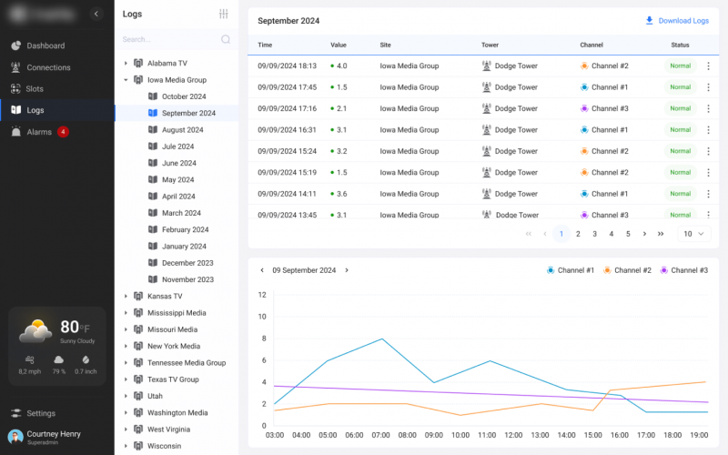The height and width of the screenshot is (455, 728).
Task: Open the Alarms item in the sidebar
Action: click(x=38, y=132)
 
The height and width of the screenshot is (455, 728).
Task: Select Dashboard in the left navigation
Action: click(x=45, y=45)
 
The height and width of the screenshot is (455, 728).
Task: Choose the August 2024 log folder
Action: click(x=182, y=130)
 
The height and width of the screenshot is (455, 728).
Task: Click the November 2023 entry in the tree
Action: click(x=187, y=279)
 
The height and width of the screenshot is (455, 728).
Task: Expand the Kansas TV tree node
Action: click(x=126, y=297)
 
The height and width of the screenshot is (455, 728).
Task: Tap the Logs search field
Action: click(x=169, y=40)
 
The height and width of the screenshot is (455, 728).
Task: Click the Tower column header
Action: click(x=490, y=45)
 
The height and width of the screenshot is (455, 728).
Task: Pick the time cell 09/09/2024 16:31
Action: click(x=287, y=130)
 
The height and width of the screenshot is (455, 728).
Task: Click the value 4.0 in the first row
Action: click(x=341, y=66)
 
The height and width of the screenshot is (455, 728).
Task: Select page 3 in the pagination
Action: click(x=594, y=234)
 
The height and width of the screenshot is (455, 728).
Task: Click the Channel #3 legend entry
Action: click(x=683, y=270)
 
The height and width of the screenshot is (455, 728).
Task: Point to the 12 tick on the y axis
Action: click(x=262, y=295)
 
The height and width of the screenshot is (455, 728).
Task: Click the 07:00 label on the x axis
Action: click(x=381, y=435)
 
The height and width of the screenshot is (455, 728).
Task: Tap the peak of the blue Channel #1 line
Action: click(x=381, y=339)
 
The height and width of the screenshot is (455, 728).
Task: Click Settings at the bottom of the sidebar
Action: click(x=40, y=413)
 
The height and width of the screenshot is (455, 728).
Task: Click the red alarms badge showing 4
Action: click(x=63, y=132)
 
